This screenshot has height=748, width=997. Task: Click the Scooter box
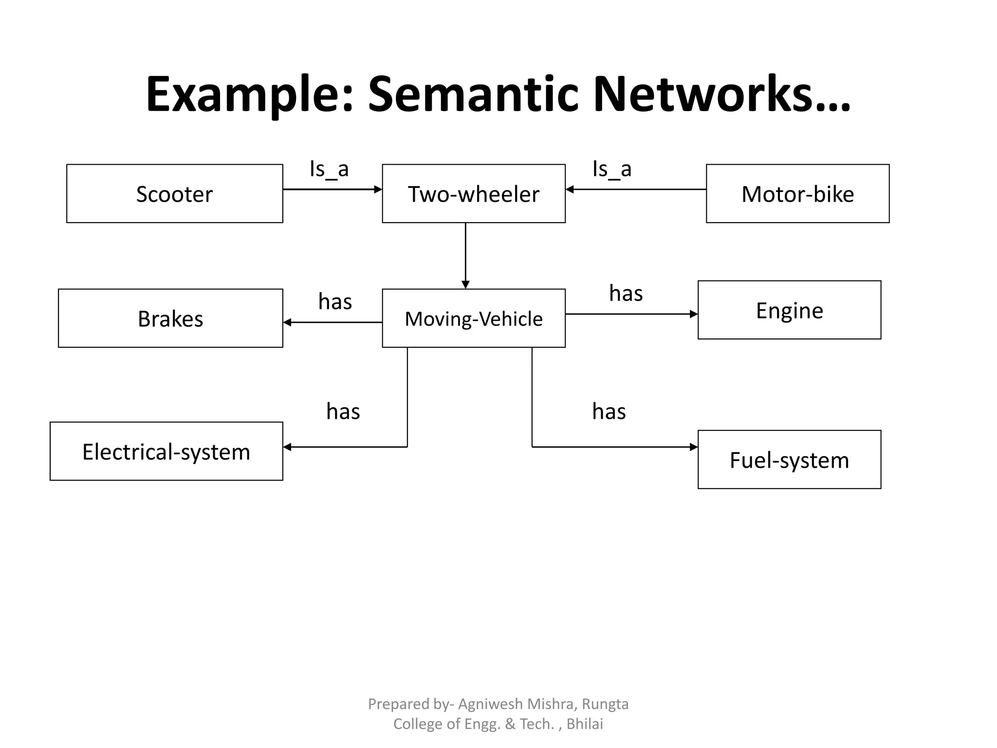(174, 194)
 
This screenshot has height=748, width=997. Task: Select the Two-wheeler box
(473, 194)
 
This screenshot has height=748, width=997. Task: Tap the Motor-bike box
(797, 194)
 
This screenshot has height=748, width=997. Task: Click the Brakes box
(170, 318)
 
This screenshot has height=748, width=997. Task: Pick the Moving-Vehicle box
(473, 318)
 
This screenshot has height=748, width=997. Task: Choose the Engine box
(789, 310)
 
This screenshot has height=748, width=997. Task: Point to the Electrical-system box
(166, 451)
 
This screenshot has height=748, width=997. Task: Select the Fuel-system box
(789, 460)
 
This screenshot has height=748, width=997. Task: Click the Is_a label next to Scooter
(329, 169)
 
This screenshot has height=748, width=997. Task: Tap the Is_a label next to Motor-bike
(612, 169)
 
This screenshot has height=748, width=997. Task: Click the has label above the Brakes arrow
(335, 302)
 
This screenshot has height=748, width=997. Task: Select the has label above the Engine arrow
(626, 294)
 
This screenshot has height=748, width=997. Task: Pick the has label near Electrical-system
(343, 412)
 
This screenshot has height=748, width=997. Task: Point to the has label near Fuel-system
(609, 412)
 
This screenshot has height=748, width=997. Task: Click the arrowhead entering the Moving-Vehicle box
(465, 285)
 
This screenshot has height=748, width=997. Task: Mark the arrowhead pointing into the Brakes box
(287, 322)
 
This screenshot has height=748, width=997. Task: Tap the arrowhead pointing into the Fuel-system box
(694, 447)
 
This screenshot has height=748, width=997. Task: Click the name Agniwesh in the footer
(490, 704)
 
